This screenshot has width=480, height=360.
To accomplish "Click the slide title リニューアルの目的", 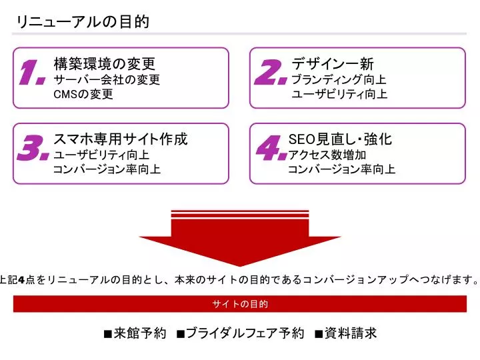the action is point(83,22).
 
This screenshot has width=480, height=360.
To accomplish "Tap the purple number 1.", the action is point(33,73).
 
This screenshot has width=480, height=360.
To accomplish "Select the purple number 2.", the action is point(271,72).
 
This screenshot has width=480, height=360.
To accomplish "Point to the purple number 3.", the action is point(33,148).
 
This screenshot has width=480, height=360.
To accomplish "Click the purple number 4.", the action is point(271,148).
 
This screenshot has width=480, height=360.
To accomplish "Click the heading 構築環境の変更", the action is point(105,64).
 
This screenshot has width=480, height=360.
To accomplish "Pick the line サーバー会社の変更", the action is point(107,79).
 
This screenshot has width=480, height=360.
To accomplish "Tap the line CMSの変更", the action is point(83,94).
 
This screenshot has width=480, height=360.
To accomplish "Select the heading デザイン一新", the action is point(333,64).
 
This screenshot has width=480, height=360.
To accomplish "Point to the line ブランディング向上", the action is point(339,79).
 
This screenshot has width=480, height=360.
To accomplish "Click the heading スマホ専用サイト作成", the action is point(120,139).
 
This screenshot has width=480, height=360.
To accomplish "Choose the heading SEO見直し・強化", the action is point(340,139).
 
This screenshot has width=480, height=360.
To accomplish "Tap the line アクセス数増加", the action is point(327,155).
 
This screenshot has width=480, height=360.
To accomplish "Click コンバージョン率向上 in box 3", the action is point(107,169).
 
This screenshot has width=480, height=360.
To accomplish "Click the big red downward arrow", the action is point(240,238).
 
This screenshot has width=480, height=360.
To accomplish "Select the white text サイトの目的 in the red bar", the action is point(240,304).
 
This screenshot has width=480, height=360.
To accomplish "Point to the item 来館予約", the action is point(135,333).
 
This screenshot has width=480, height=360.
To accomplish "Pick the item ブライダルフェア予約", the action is point(240,333).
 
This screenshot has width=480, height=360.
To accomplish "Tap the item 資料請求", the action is point(345,333).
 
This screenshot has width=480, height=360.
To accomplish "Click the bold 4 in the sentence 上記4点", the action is point(21,280).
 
